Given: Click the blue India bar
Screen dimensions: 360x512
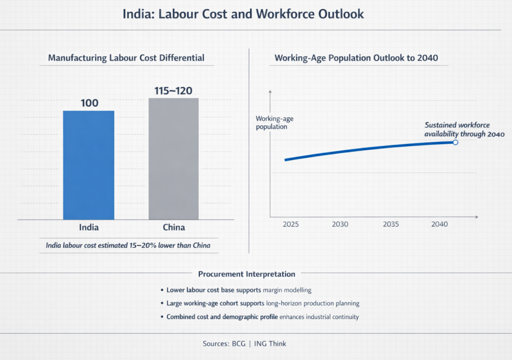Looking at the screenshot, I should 88,165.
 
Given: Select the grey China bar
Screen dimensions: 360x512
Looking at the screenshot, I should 173,158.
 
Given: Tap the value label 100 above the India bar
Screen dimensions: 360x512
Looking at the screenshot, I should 88,103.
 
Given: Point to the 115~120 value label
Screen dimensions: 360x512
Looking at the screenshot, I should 173,90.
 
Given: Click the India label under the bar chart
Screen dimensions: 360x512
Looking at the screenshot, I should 89,227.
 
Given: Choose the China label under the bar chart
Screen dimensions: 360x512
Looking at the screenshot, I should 174,227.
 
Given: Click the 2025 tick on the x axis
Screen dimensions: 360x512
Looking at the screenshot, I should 290,224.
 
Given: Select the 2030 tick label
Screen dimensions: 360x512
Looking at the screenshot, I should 340,224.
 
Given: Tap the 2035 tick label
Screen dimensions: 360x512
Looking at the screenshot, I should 391,224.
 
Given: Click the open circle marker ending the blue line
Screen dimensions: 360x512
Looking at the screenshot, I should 455,142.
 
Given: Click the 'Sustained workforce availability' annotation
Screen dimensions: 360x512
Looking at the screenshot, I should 464,129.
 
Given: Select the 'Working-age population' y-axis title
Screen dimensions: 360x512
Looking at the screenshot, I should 271,122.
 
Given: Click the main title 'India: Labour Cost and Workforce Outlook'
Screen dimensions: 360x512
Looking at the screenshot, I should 243,14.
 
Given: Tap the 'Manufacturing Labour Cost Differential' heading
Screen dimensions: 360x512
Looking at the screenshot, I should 126,58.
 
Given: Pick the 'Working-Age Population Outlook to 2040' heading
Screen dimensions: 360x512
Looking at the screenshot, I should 356,58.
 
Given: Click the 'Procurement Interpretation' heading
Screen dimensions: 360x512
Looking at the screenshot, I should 246,274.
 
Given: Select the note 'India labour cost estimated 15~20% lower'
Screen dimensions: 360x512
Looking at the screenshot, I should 128,245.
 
